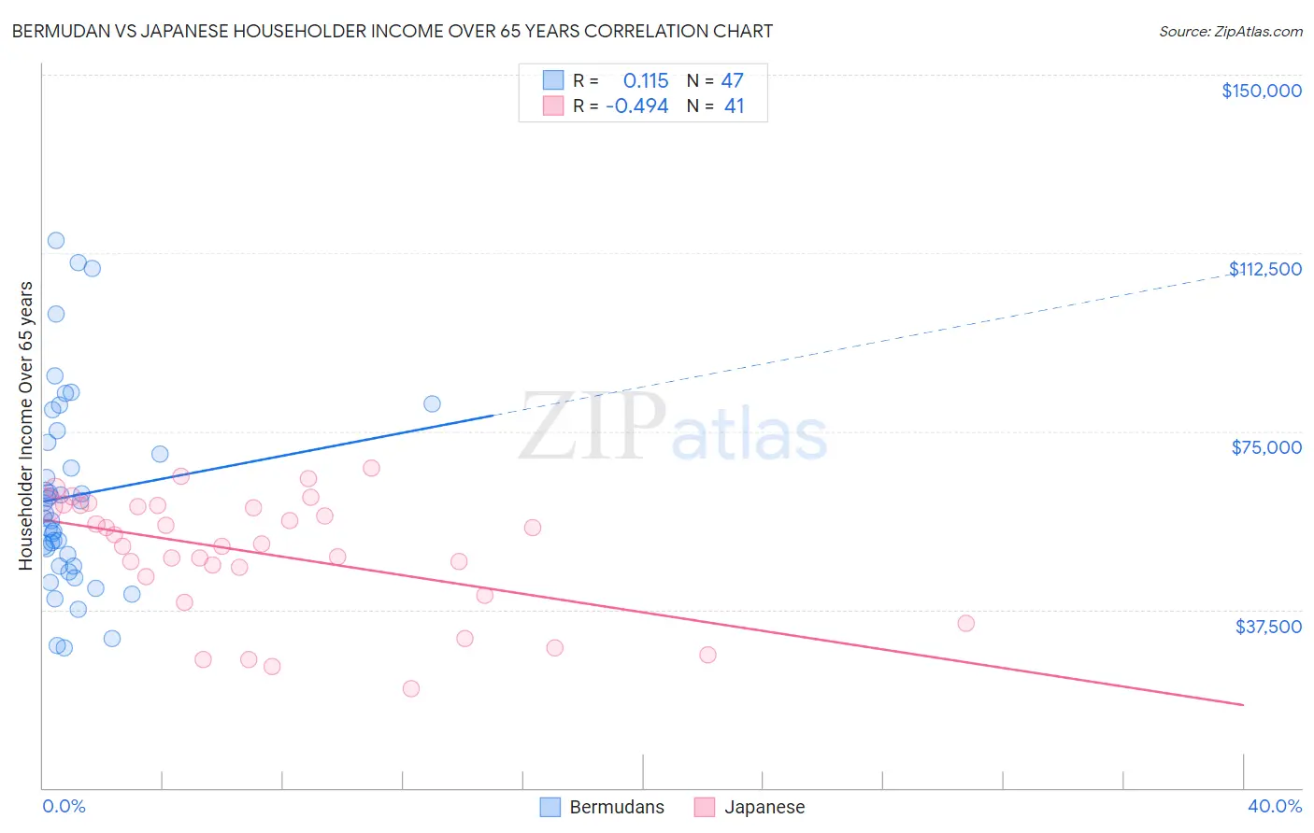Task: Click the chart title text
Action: click(392, 31)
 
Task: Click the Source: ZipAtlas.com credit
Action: click(1230, 32)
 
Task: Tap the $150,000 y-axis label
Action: click(1261, 91)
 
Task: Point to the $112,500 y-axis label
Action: click(1264, 269)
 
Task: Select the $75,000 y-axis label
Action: click(1266, 447)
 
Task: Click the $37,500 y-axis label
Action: click(1267, 627)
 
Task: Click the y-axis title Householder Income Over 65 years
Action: click(26, 426)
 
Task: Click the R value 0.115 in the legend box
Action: click(645, 81)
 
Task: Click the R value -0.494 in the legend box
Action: click(637, 106)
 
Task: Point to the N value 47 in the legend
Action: click(732, 81)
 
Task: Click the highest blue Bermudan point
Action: click(56, 241)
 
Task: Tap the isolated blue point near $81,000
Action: click(432, 404)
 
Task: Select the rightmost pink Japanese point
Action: click(965, 624)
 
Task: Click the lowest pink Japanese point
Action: click(411, 689)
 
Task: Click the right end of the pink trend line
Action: click(1243, 704)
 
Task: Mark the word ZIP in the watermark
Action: click(592, 428)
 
